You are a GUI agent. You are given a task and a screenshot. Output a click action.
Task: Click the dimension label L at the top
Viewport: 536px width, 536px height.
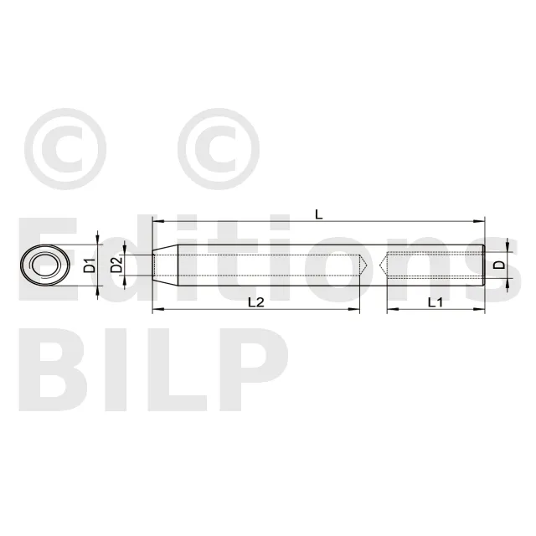tap(318, 214)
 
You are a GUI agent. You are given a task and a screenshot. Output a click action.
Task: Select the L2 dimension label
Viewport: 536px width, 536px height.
tap(256, 302)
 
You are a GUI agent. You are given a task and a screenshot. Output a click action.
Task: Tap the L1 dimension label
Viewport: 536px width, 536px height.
tap(435, 302)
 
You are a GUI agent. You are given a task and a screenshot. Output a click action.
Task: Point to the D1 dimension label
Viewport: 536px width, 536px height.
tap(90, 265)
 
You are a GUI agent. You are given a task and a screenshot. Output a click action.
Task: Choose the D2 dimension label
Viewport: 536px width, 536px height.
tap(116, 265)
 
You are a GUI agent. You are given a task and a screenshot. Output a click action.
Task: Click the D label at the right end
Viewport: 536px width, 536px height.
tap(500, 265)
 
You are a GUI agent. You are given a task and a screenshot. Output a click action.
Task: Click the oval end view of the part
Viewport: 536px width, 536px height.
tap(45, 265)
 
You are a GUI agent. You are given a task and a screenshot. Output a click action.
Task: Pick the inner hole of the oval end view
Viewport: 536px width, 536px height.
tap(44, 265)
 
